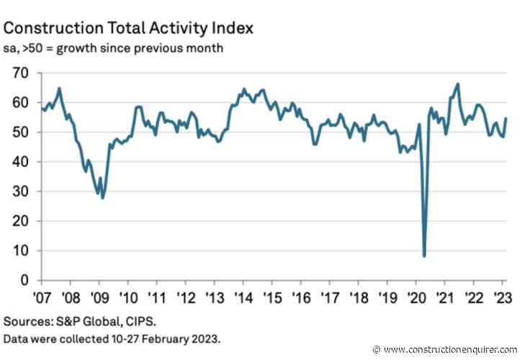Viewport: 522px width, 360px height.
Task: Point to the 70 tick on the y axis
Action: tap(19, 73)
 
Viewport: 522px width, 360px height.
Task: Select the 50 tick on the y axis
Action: tap(19, 132)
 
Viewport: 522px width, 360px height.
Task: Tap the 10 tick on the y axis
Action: tap(19, 251)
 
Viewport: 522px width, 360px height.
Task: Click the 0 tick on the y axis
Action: tap(24, 280)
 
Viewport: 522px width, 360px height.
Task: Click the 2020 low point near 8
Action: tap(424, 256)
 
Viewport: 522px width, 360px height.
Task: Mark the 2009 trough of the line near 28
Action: tap(103, 197)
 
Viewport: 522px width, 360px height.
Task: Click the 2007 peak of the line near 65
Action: tap(58, 88)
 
